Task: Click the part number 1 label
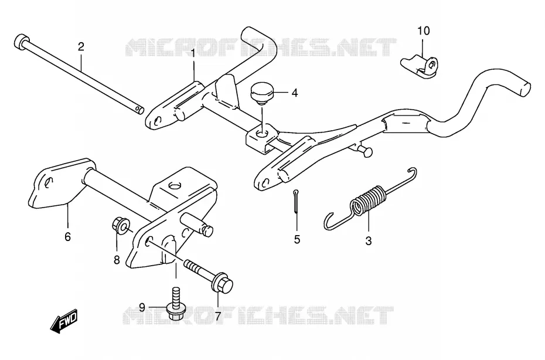(x=193, y=53)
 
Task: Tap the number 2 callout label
(x=81, y=46)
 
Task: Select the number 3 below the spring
(x=369, y=241)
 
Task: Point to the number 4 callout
(x=295, y=93)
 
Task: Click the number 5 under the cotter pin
(x=297, y=240)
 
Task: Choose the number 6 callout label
(x=67, y=236)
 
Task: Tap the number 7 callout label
(x=217, y=317)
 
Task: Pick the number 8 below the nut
(x=117, y=260)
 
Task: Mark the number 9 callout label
(x=142, y=307)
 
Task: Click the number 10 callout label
(x=424, y=31)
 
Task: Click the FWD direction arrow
(x=64, y=320)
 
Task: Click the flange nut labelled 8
(x=120, y=226)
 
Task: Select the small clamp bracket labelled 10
(x=420, y=66)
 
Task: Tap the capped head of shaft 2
(x=21, y=42)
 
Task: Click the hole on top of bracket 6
(x=175, y=185)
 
